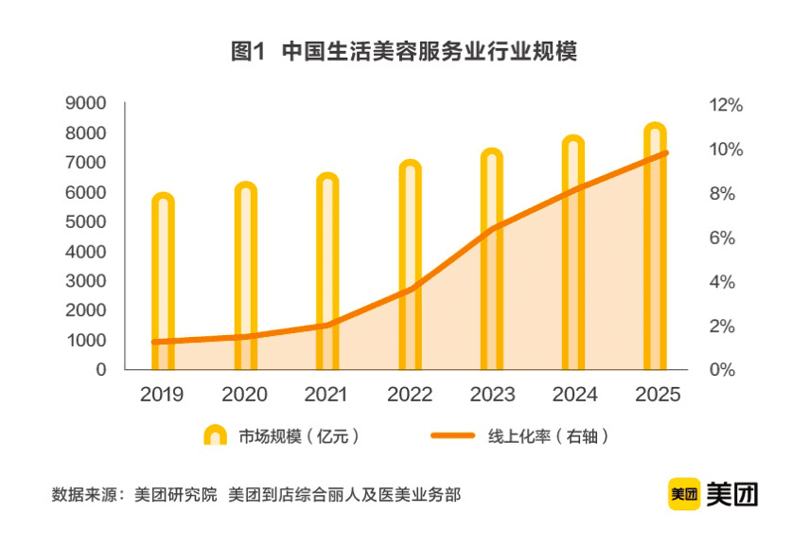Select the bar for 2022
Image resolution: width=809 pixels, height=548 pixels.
click(410, 266)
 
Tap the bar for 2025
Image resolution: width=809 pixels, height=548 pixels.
click(656, 247)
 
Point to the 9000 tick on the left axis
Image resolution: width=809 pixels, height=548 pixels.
click(86, 103)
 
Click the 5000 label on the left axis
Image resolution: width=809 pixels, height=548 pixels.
click(86, 221)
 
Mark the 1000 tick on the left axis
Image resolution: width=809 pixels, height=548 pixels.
click(86, 340)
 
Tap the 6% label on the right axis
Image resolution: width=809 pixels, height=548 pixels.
click(723, 238)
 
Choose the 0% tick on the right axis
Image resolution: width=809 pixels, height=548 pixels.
click(723, 370)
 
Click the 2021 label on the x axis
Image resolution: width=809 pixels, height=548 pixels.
click(327, 395)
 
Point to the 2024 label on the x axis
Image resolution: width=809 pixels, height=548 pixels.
click(573, 395)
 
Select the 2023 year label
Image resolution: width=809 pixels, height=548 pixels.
click(492, 395)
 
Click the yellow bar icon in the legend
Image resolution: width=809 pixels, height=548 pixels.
click(215, 435)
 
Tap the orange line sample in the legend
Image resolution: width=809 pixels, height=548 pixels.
click(453, 436)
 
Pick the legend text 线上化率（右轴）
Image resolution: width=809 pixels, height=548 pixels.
click(547, 436)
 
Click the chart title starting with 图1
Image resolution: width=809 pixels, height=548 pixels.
click(404, 52)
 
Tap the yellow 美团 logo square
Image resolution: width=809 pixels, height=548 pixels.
click(683, 493)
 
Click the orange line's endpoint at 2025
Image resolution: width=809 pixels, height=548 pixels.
click(666, 152)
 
